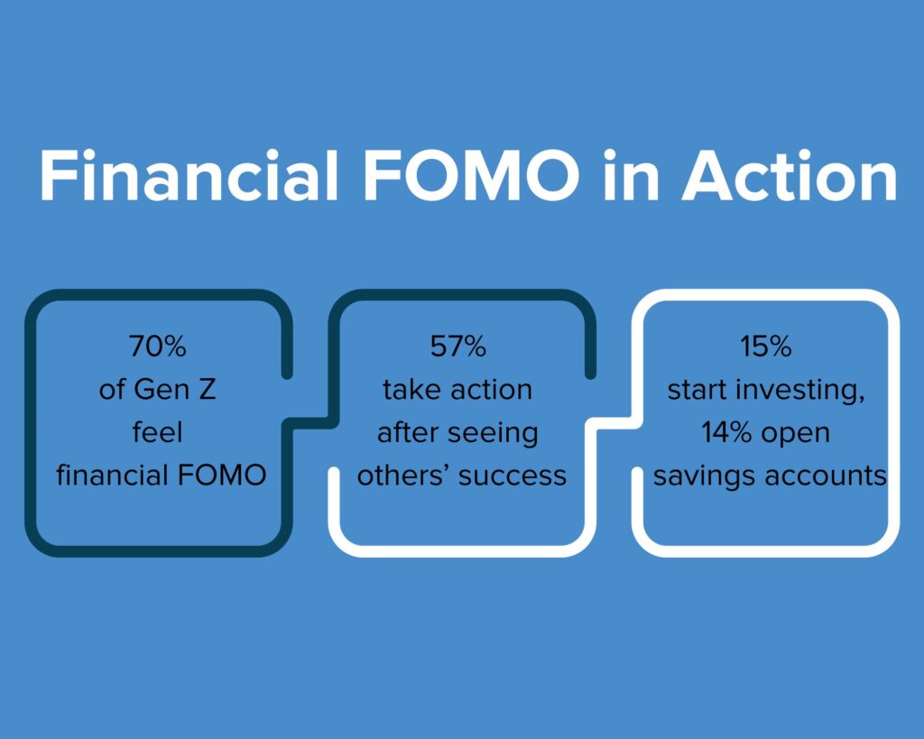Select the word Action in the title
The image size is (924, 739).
click(x=789, y=176)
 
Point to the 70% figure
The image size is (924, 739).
click(x=157, y=347)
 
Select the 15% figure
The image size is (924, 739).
click(x=766, y=347)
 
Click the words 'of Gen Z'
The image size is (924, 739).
click(x=157, y=390)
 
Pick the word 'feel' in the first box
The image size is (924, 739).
click(x=157, y=432)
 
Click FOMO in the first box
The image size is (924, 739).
click(x=222, y=475)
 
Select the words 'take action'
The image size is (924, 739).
click(x=457, y=390)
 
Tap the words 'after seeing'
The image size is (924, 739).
click(x=457, y=432)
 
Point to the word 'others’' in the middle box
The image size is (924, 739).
click(x=402, y=475)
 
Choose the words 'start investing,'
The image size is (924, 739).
click(x=766, y=390)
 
